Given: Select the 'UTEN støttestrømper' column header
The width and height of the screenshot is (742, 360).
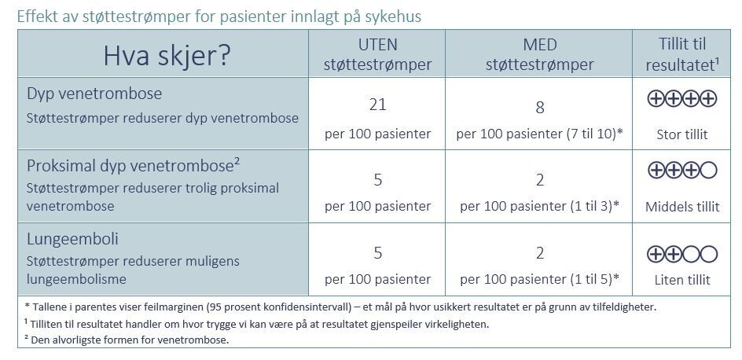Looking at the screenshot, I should click(x=377, y=54).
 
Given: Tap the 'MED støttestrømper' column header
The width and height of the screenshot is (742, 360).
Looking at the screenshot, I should click(x=539, y=54).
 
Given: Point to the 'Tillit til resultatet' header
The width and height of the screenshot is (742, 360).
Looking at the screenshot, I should click(x=681, y=54).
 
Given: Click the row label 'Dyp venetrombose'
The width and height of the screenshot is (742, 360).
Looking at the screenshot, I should click(x=94, y=94).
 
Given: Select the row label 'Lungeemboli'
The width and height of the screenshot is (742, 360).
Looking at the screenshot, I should click(x=72, y=238).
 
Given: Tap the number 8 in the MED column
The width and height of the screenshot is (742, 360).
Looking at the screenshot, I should click(x=539, y=107).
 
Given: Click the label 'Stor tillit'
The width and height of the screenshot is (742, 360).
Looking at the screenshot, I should click(x=681, y=134).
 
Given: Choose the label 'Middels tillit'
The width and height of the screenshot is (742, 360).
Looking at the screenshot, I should click(x=681, y=207).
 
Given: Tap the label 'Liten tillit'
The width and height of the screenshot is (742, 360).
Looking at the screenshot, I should click(x=681, y=279).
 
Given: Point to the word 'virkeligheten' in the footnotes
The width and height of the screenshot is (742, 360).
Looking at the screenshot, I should click(x=450, y=324).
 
